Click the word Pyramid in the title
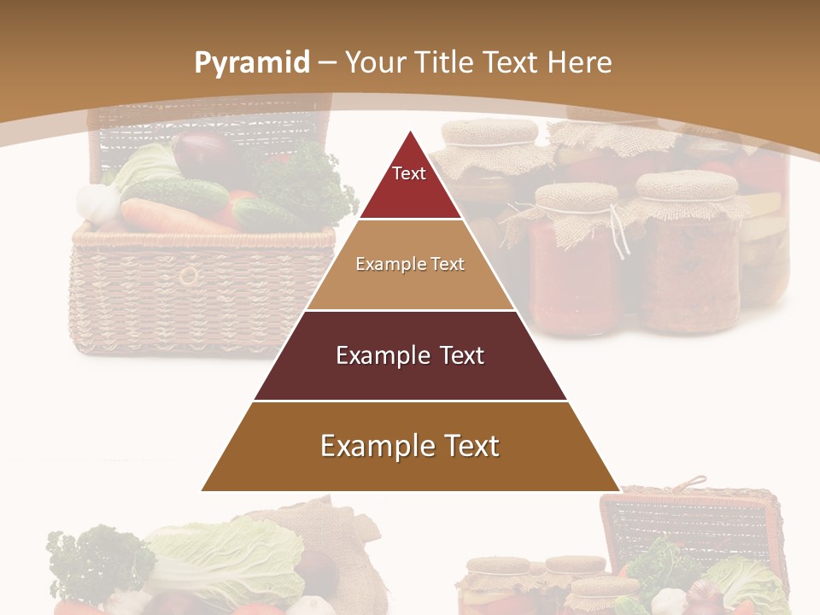point(252,62)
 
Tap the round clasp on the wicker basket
point(189,275)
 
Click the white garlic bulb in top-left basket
point(96,202)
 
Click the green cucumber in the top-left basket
point(175,195)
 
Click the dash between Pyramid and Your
point(328,62)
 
